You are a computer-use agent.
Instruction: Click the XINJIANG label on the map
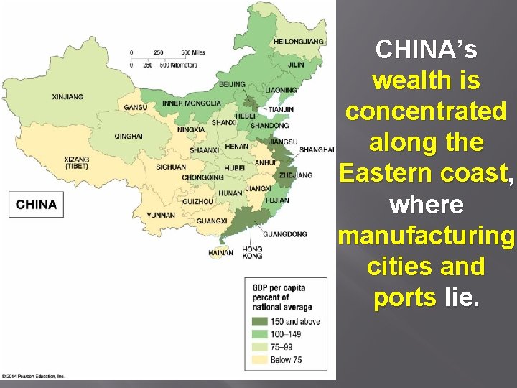(x=67, y=96)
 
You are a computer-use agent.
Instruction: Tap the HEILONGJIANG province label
(x=298, y=42)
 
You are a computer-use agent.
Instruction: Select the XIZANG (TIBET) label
(x=77, y=162)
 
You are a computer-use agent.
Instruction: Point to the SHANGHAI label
(x=317, y=149)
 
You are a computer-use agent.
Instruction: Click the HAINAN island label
(x=220, y=253)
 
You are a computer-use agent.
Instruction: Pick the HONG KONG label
(x=252, y=252)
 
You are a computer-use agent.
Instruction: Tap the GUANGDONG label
(x=284, y=234)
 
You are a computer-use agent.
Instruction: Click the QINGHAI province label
(x=129, y=136)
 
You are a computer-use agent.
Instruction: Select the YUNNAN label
(x=160, y=215)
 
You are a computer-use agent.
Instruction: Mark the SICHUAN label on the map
(x=171, y=167)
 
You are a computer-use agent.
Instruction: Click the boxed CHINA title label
(x=36, y=205)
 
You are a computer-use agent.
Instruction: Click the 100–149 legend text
(x=285, y=334)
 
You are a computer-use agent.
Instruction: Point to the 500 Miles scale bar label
(x=194, y=52)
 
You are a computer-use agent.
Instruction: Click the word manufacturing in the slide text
(x=426, y=236)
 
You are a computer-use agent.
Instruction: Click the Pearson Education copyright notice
(x=33, y=376)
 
